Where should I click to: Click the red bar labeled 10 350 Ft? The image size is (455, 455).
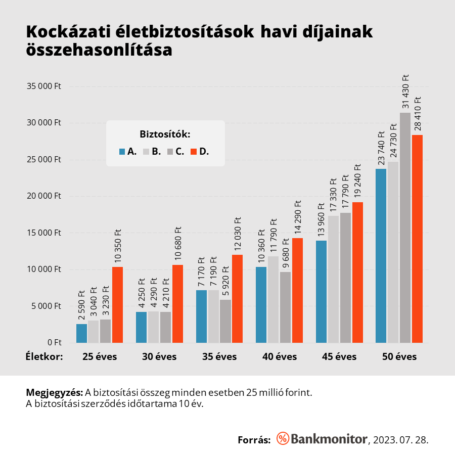tap(117, 305)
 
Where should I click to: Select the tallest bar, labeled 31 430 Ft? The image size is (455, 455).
tap(405, 227)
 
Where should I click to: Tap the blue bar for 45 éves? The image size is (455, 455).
tap(321, 292)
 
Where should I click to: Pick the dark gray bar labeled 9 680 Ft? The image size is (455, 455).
tap(285, 307)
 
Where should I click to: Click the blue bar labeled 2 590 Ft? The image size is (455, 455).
tap(81, 333)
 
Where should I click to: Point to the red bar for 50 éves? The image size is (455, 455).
tap(417, 239)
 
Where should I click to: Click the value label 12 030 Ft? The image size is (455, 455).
tap(237, 235)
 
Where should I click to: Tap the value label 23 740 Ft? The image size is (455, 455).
tap(381, 148)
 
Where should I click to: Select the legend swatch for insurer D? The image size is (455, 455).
tap(193, 151)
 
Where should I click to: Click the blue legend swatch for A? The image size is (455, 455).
tap(122, 151)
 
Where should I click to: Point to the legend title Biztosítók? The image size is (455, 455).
tap(165, 134)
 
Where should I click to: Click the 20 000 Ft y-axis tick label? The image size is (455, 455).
tap(43, 196)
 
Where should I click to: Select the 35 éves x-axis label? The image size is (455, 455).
tap(219, 356)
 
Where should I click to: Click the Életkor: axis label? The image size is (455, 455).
tap(44, 356)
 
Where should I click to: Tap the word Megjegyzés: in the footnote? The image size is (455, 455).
tap(54, 393)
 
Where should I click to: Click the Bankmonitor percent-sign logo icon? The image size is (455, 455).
tap(283, 439)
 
